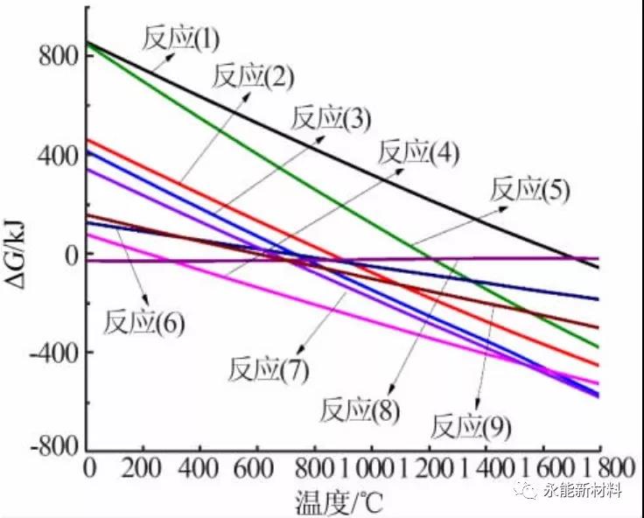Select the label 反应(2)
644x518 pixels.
pos(252,78)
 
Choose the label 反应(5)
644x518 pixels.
pos(529,190)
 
